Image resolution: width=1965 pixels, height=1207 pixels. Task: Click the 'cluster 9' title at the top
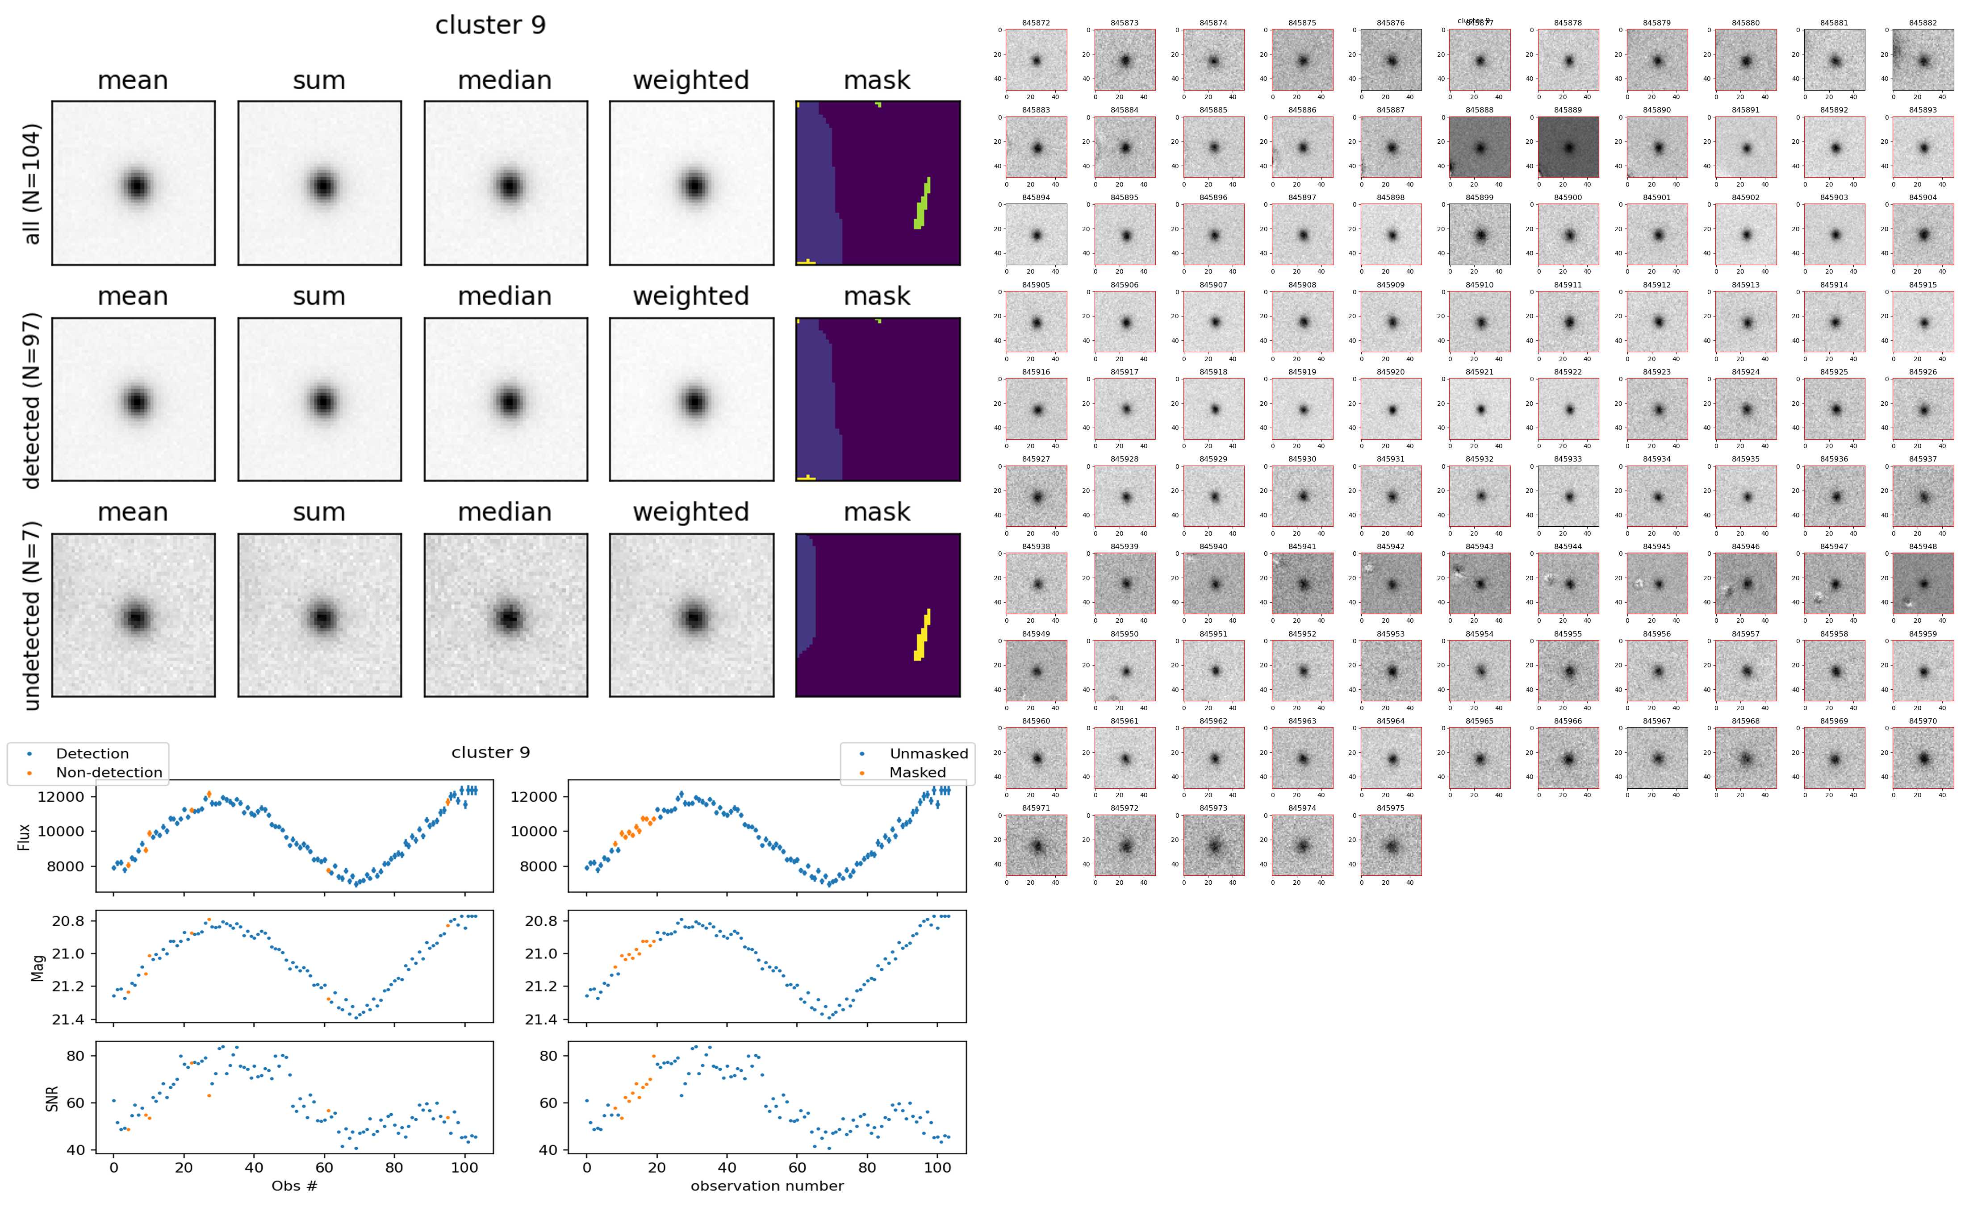coord(490,25)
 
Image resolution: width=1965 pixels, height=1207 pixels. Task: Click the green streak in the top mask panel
coord(922,204)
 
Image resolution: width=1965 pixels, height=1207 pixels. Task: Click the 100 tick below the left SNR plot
coord(465,1167)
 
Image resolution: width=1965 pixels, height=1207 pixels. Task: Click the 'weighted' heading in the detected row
coord(691,296)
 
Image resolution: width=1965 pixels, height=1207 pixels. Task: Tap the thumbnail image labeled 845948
coord(1923,583)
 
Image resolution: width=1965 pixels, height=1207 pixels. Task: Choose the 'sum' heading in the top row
coord(318,81)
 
